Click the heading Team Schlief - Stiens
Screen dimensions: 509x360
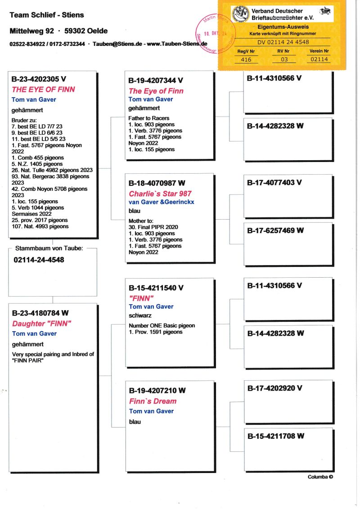(x=47, y=15)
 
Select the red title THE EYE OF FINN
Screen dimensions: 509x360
(x=43, y=90)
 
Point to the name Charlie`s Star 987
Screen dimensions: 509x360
(x=160, y=194)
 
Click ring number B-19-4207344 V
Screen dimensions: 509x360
(x=156, y=81)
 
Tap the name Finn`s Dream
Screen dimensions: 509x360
(x=153, y=401)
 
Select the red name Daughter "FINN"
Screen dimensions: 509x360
(x=42, y=323)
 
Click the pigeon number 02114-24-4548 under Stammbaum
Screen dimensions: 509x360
(x=39, y=260)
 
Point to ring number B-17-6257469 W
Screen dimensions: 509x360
(x=275, y=230)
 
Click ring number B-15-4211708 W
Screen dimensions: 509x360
(x=275, y=436)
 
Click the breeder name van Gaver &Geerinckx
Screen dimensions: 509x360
(x=162, y=203)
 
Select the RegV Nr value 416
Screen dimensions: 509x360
(x=247, y=59)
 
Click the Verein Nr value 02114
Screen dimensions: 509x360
(x=319, y=59)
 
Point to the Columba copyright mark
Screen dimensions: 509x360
(x=320, y=477)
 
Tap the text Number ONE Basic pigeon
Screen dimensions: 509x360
(x=162, y=325)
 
